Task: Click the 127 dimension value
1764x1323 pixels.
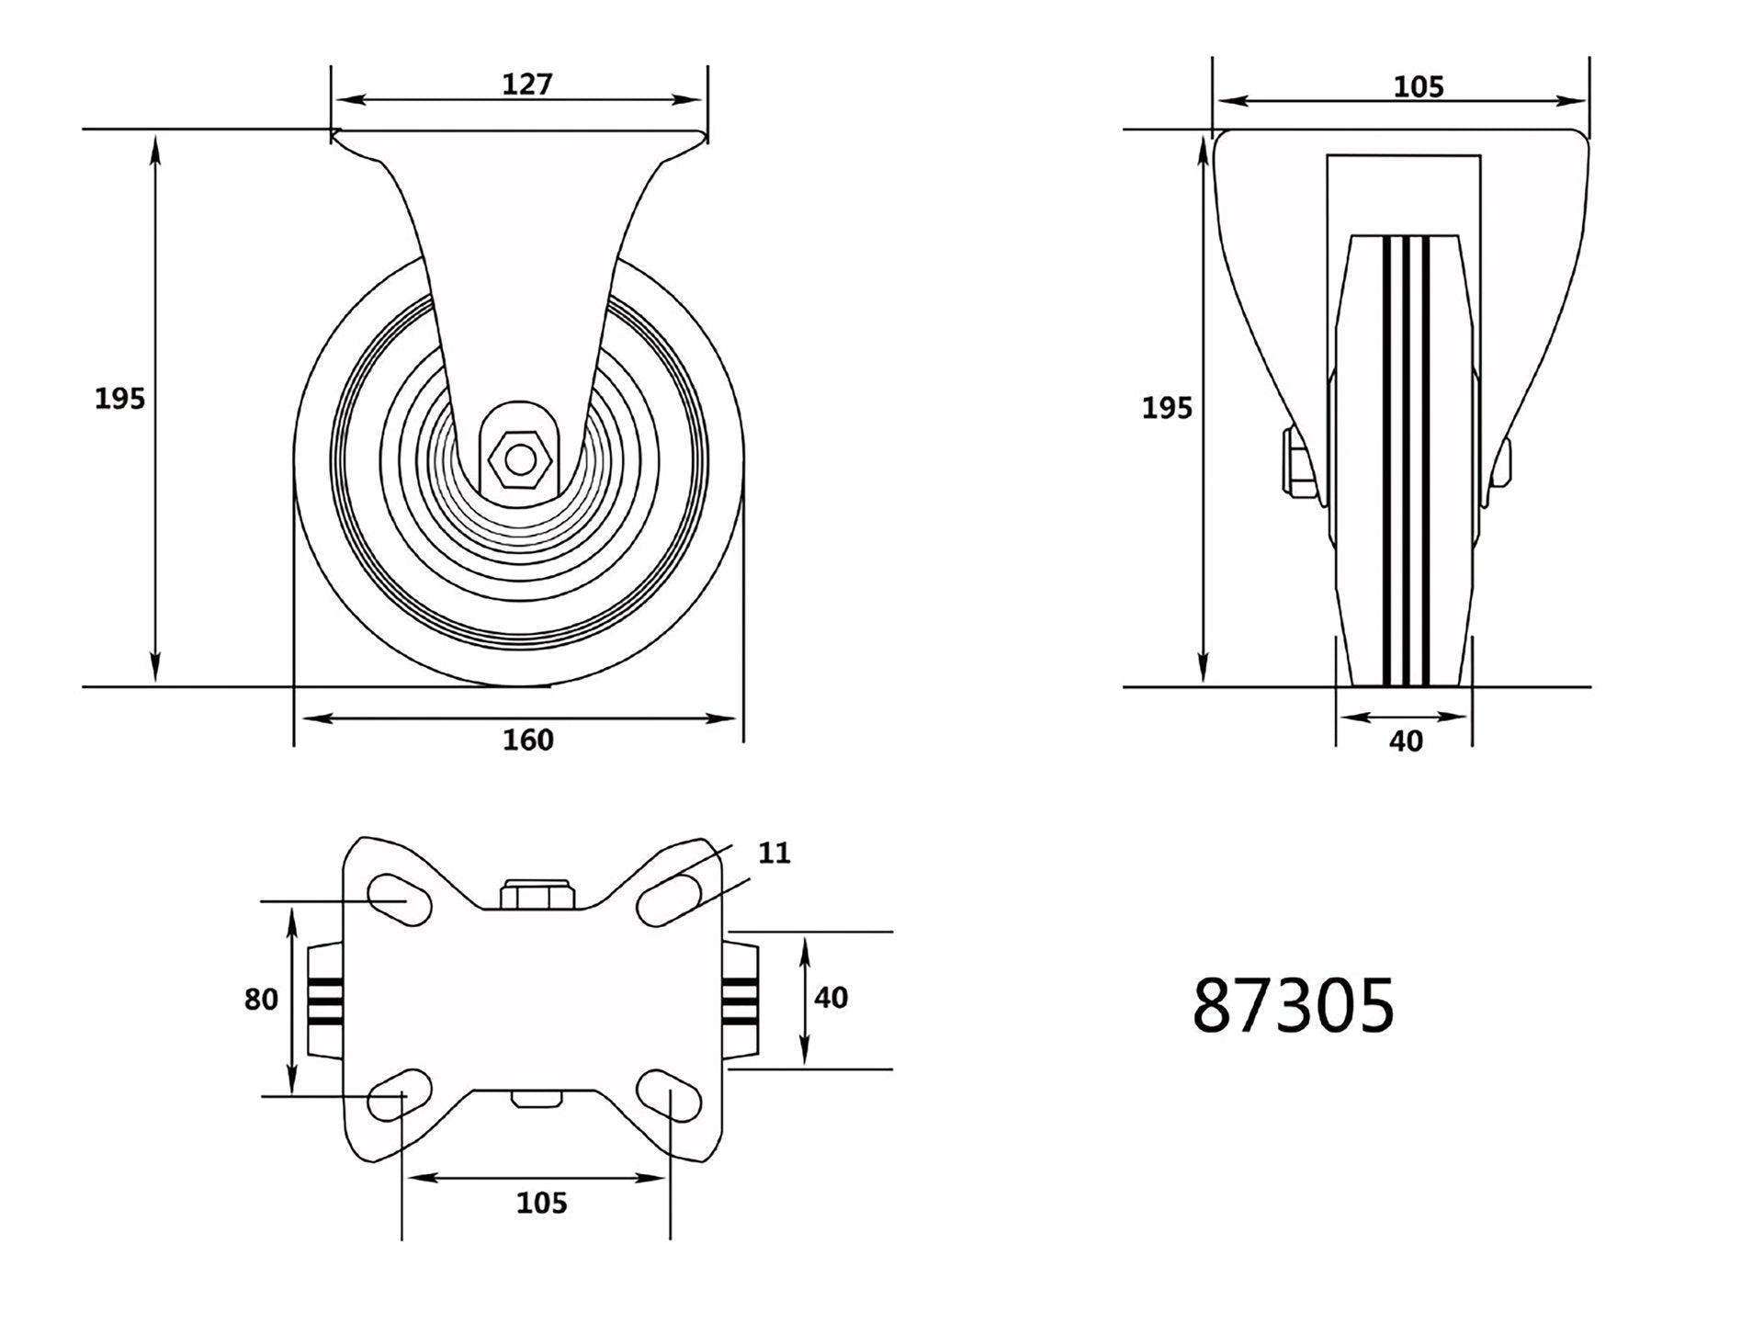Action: click(527, 85)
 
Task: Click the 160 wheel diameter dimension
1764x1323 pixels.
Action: click(528, 740)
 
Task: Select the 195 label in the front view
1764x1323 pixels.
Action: click(120, 399)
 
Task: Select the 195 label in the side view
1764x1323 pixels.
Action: click(1167, 407)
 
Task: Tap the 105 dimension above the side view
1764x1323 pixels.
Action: click(1419, 86)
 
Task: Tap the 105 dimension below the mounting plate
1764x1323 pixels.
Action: click(542, 1203)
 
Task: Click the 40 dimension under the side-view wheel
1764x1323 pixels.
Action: click(1406, 741)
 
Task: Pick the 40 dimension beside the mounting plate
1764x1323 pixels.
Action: click(831, 998)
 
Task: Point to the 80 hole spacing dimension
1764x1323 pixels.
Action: click(261, 1000)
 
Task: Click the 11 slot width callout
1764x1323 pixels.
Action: click(774, 854)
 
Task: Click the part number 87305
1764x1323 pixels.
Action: click(1293, 1005)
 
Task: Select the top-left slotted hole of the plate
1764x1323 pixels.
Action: click(400, 897)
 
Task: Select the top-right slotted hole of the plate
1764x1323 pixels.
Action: click(670, 899)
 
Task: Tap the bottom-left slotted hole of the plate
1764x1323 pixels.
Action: click(400, 1094)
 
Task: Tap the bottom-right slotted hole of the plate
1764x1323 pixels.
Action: click(670, 1094)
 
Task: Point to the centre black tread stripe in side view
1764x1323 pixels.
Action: click(1406, 459)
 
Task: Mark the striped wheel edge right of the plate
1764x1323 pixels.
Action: click(741, 999)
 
